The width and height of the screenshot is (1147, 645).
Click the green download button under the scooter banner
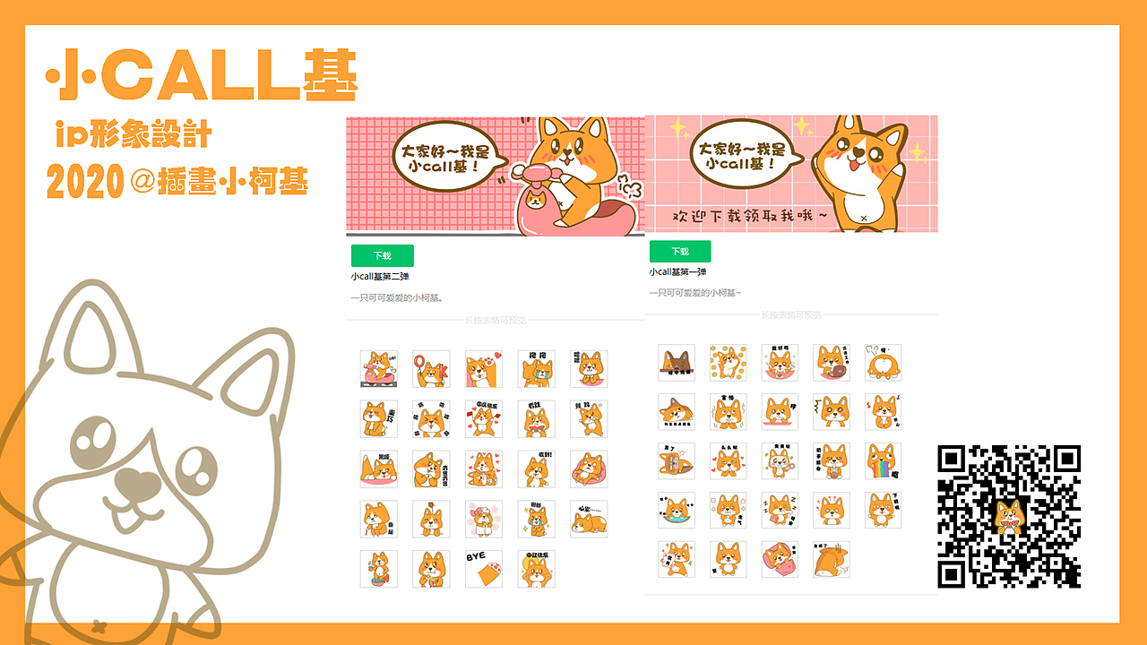click(x=383, y=255)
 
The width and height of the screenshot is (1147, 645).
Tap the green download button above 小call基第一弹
click(x=680, y=252)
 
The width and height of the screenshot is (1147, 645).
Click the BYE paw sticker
click(x=484, y=569)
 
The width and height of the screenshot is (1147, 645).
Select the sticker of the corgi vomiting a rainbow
click(x=883, y=461)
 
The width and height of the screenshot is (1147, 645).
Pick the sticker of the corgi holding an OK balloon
click(x=431, y=369)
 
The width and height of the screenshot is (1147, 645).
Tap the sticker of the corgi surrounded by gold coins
click(x=728, y=363)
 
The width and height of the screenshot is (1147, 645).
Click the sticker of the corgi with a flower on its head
click(x=431, y=519)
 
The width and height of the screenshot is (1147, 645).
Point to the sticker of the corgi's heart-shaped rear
click(x=883, y=363)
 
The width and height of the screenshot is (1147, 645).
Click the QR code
click(x=1009, y=516)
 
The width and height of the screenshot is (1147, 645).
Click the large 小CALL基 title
click(x=202, y=74)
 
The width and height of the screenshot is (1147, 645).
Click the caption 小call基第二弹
click(x=380, y=277)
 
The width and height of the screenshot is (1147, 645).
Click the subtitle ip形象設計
click(x=132, y=134)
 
